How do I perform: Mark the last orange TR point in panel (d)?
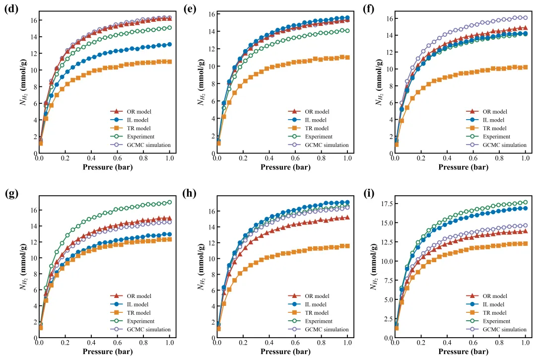tap(170, 62)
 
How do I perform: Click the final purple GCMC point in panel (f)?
tap(526, 18)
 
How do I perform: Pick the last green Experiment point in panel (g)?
tap(170, 202)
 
